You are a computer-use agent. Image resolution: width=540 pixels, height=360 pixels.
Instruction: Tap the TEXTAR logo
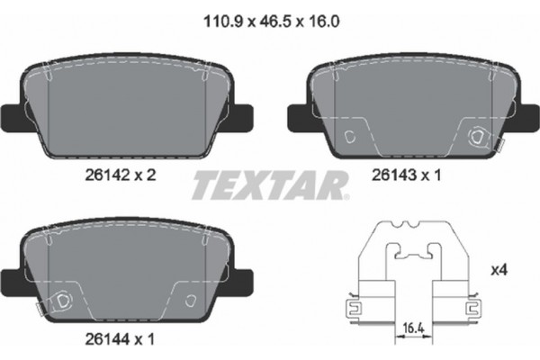pyautogui.click(x=268, y=186)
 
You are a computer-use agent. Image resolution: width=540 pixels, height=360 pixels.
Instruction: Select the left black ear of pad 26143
pyautogui.click(x=298, y=116)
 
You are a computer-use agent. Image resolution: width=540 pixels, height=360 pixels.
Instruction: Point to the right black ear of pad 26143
pyautogui.click(x=526, y=116)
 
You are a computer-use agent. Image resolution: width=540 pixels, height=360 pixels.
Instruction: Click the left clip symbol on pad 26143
pyautogui.click(x=354, y=136)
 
